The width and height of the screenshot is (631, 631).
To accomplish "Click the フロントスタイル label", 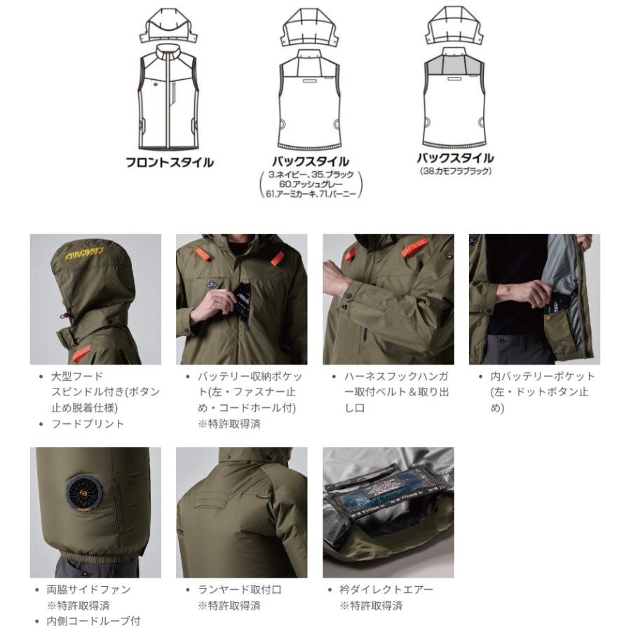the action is pyautogui.click(x=169, y=163).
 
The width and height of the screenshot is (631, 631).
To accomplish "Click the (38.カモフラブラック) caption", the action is pyautogui.click(x=456, y=171).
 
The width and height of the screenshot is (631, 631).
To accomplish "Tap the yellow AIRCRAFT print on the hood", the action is pyautogui.click(x=85, y=254).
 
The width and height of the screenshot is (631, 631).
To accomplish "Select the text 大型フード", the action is pyautogui.click(x=77, y=376).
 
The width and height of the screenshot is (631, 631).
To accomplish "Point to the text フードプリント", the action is pyautogui.click(x=88, y=423).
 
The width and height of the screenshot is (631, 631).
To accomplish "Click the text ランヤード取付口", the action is pyautogui.click(x=240, y=590).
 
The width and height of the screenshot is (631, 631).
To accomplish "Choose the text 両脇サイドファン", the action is pyautogui.click(x=88, y=590).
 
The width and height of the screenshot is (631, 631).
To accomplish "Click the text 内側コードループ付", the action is pyautogui.click(x=93, y=621).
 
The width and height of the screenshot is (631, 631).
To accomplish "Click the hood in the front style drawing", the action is pyautogui.click(x=168, y=25).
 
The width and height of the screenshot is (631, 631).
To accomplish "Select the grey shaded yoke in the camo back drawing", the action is pyautogui.click(x=455, y=65).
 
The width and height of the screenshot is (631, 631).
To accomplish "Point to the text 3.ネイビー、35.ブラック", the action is pyautogui.click(x=311, y=175).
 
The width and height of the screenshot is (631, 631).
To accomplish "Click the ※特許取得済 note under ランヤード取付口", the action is pyautogui.click(x=229, y=606).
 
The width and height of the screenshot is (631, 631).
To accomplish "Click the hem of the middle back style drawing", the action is pyautogui.click(x=309, y=145).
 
